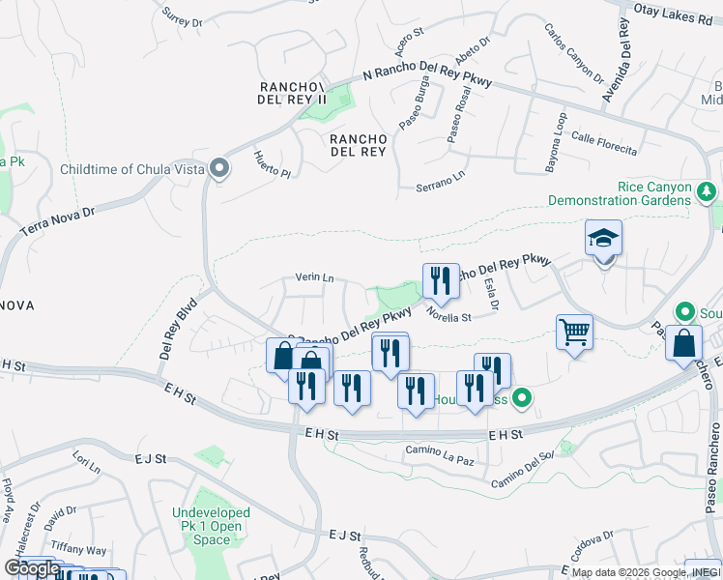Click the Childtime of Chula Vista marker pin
coord(220,169)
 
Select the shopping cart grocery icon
coord(574,333)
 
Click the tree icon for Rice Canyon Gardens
coord(707,192)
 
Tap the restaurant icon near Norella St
coord(441,281)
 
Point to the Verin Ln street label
coord(314,278)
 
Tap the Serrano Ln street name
coord(440,180)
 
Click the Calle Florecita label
coord(604,143)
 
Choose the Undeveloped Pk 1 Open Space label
coord(211,526)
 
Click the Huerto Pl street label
coord(272,166)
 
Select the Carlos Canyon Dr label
coord(572,52)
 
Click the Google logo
coord(32,568)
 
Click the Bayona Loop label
coord(556,142)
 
